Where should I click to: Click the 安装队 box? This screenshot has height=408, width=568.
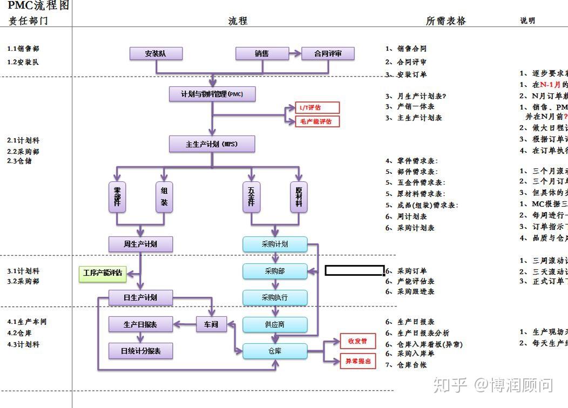click(155, 53)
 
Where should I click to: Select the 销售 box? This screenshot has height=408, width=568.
click(262, 53)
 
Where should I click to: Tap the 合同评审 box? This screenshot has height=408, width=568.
click(328, 53)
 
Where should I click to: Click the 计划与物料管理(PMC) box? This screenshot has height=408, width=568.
click(212, 94)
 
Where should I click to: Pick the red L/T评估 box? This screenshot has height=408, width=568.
click(317, 108)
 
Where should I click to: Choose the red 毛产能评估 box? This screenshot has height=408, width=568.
click(317, 121)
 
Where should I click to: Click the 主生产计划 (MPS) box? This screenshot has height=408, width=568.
click(212, 144)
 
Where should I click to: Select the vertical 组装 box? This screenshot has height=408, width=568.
click(164, 196)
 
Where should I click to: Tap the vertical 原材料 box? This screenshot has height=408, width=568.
click(299, 196)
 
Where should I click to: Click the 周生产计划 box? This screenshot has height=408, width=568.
click(140, 244)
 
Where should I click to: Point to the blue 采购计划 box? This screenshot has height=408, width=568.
click(275, 244)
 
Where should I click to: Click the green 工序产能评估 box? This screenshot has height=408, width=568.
click(102, 274)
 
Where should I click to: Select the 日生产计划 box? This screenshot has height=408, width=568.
click(140, 297)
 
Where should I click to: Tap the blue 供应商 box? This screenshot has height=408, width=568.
click(275, 324)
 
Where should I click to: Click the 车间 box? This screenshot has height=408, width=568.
click(211, 324)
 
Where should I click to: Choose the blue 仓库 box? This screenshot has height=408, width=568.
click(275, 351)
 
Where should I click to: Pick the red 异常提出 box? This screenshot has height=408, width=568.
click(358, 361)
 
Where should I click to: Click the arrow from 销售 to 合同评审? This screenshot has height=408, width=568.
click(294, 53)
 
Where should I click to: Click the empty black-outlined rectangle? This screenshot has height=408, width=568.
click(354, 270)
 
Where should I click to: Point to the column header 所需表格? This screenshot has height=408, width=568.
click(445, 21)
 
